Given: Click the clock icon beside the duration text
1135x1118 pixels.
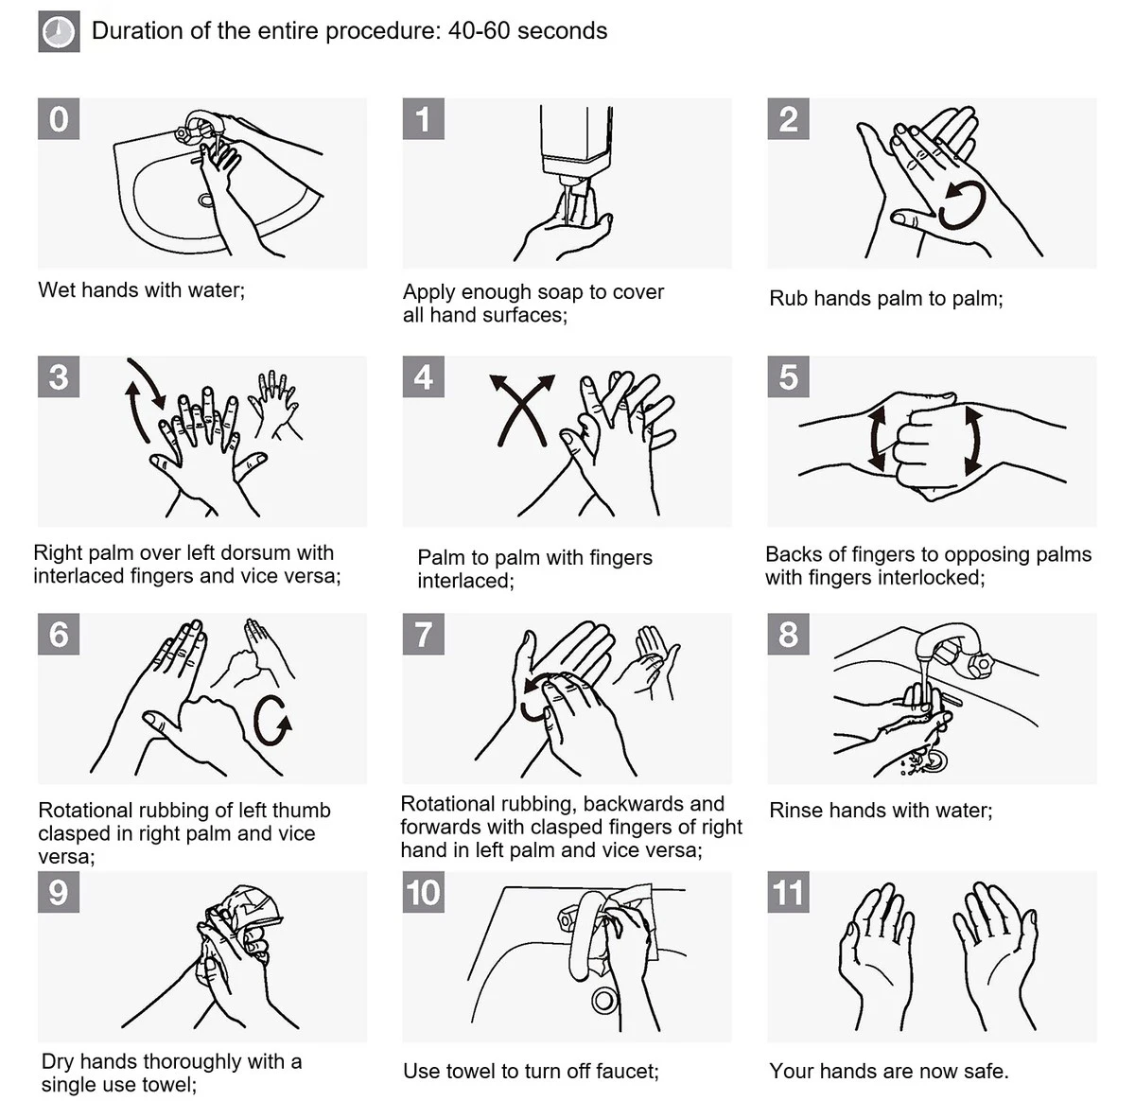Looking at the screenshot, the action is pyautogui.click(x=59, y=32).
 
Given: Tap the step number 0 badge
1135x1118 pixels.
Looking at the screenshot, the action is pyautogui.click(x=59, y=119).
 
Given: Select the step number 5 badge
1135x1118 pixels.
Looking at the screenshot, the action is pyautogui.click(x=788, y=376).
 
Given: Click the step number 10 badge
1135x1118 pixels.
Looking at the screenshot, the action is pyautogui.click(x=424, y=892).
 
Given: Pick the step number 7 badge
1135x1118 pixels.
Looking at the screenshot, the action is pyautogui.click(x=424, y=634).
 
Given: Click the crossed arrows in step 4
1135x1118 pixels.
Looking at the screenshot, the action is pyautogui.click(x=523, y=410).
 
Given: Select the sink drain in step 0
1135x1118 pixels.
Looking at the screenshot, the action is pyautogui.click(x=205, y=201).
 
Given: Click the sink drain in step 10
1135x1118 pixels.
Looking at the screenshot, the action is pyautogui.click(x=603, y=999).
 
